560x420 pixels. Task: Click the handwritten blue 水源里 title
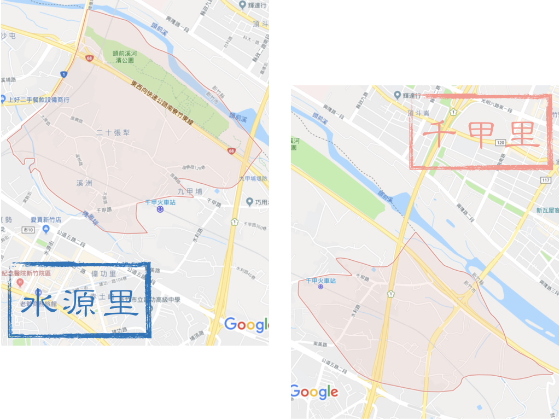click(79, 302)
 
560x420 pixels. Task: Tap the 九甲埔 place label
click(190, 191)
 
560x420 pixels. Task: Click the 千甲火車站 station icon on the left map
click(159, 209)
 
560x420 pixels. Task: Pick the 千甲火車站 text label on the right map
click(320, 280)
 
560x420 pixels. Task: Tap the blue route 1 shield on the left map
click(64, 74)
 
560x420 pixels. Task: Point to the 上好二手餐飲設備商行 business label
click(38, 100)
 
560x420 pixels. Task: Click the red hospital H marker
click(20, 282)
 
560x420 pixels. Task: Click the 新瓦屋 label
click(546, 209)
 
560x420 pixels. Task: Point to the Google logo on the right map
click(314, 392)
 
